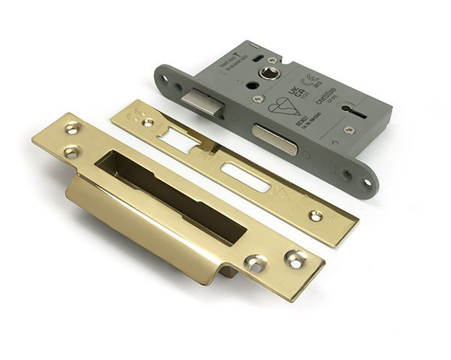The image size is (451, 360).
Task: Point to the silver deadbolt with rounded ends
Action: [x=274, y=139]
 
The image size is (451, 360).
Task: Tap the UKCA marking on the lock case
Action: [x=301, y=93]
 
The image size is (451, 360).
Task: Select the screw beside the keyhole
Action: [x=349, y=129]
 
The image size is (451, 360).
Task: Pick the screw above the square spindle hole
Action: [x=271, y=59]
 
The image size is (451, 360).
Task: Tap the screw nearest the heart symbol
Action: [x=258, y=98]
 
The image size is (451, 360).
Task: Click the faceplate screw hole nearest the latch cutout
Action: [x=148, y=123]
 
